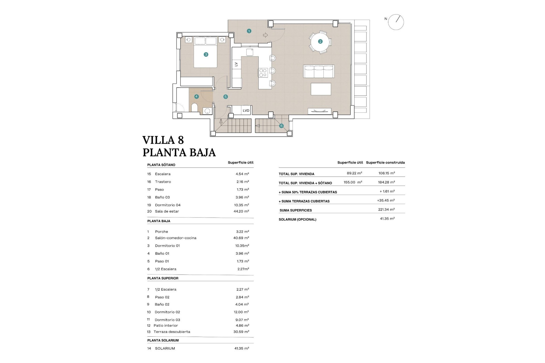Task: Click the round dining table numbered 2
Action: pyautogui.click(x=320, y=42)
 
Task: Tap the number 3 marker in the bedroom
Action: pyautogui.click(x=206, y=54)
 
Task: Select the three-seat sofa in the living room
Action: pyautogui.click(x=319, y=71)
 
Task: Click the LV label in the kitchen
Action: pyautogui.click(x=236, y=64)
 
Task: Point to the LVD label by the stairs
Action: pyautogui.click(x=246, y=111)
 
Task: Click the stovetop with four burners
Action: pyautogui.click(x=263, y=73)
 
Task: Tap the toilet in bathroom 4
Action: pyautogui.click(x=195, y=108)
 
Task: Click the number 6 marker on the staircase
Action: pyautogui.click(x=281, y=126)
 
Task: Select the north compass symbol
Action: pyautogui.click(x=396, y=22)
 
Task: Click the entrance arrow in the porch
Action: pyautogui.click(x=265, y=35)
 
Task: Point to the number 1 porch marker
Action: pyautogui.click(x=249, y=31)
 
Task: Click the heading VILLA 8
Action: pyautogui.click(x=163, y=140)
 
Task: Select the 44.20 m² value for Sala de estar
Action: pyautogui.click(x=241, y=211)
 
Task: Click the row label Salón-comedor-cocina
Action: pyautogui.click(x=175, y=238)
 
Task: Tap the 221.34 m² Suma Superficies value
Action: pyautogui.click(x=386, y=210)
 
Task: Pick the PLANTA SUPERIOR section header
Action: pyautogui.click(x=163, y=278)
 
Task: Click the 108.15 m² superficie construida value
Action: pyautogui.click(x=386, y=173)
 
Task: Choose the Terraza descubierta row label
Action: pyautogui.click(x=172, y=332)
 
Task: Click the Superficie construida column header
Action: pyautogui.click(x=385, y=162)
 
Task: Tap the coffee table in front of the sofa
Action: pyautogui.click(x=321, y=89)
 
